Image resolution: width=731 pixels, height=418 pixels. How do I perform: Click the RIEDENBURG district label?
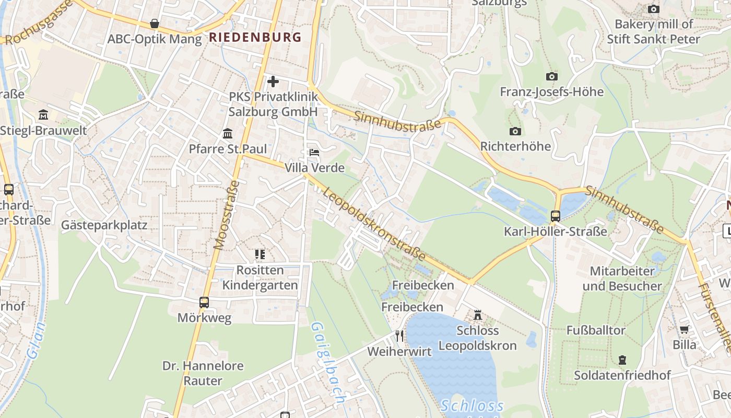point(255,37)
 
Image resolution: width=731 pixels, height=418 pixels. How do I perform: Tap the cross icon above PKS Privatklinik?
point(273,81)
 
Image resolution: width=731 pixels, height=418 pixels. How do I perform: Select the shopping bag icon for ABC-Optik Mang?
point(155,24)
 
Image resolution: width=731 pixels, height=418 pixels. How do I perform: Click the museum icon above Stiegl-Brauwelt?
point(43,114)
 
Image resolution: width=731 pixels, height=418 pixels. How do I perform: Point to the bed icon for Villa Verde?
point(314,152)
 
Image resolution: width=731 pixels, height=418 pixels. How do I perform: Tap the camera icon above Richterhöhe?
point(515,131)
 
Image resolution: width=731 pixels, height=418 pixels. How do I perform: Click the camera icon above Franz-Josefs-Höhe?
point(551,76)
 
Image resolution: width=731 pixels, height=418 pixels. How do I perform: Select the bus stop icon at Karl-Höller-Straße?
point(556,216)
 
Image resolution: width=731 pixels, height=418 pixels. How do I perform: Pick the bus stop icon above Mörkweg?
point(204,302)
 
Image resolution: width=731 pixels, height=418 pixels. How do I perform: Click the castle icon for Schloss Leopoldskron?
point(477,315)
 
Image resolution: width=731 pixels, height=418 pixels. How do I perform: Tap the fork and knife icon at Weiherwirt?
point(399,335)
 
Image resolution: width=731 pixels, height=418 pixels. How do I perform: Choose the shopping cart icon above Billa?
point(684,329)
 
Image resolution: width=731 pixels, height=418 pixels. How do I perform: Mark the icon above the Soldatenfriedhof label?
point(622,359)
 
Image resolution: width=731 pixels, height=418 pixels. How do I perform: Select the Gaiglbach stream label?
point(327,363)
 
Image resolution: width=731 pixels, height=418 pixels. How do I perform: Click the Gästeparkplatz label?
point(104,225)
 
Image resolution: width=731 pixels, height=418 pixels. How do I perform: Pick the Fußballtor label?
point(596,330)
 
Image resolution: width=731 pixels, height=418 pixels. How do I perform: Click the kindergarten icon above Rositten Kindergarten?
point(260,254)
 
